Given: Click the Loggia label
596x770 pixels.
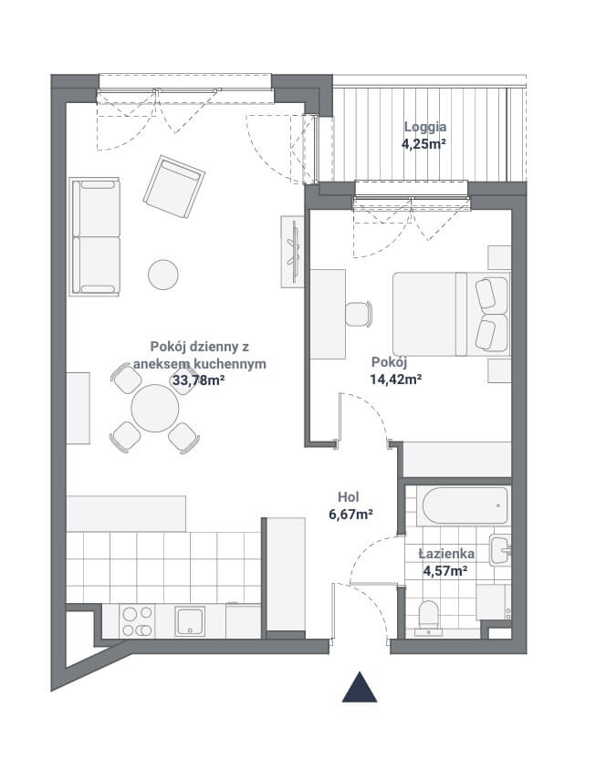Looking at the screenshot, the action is tap(425, 127).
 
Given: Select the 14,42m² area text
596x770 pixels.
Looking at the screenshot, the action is tap(396, 379).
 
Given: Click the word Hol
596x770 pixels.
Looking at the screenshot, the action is tap(349, 497).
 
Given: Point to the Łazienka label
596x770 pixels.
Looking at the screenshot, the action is tap(446, 554).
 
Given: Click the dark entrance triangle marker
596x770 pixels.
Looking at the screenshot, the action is tap(360, 687).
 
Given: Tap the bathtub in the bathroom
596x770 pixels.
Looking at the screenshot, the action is tap(465, 505).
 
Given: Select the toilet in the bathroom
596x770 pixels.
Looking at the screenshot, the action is tap(428, 618).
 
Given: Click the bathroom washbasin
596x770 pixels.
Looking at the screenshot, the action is tap(500, 550).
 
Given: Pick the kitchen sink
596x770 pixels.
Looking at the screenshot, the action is tap(191, 621).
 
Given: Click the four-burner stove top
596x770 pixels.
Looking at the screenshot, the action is tap(137, 620).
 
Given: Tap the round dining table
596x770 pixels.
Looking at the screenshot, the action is tap(155, 408).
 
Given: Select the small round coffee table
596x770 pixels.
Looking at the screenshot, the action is tap(163, 275).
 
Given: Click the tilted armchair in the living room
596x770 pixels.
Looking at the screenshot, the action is tap(174, 187).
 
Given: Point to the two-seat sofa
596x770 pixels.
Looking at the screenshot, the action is tap(95, 236).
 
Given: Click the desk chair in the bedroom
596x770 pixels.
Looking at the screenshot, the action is tap(359, 314).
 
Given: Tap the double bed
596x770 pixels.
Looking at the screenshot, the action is tap(451, 314).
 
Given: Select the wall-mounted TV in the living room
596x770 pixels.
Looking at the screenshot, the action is tap(294, 252).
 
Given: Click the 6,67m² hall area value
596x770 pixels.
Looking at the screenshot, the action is tap(350, 515).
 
